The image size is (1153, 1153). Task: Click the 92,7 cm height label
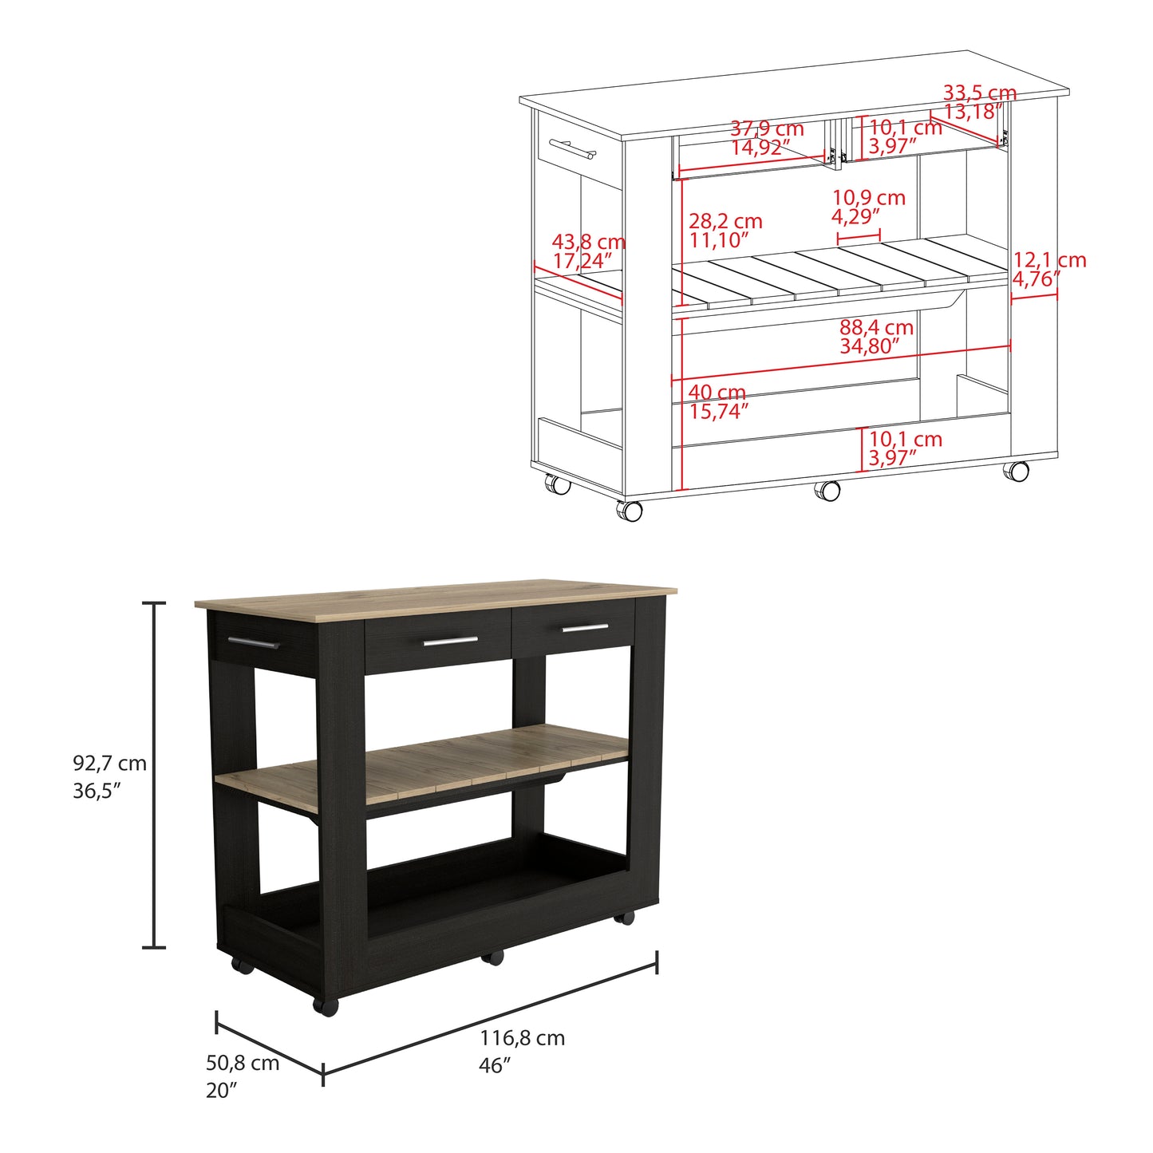[109, 764]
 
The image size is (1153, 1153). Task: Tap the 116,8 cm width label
[523, 1037]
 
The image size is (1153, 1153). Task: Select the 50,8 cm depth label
[243, 1063]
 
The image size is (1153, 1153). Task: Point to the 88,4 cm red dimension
[877, 327]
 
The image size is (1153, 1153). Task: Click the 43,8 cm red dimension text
[588, 243]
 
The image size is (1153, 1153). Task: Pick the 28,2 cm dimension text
[725, 221]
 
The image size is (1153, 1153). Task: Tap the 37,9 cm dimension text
[768, 128]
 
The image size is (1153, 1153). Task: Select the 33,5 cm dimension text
[980, 93]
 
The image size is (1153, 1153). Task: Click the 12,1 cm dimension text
[1049, 259]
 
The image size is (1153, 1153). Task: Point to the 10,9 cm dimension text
[869, 197]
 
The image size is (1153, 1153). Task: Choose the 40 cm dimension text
[717, 393]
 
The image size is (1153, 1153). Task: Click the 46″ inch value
[494, 1065]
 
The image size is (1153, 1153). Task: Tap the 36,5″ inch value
[97, 791]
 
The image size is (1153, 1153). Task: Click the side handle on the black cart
[253, 642]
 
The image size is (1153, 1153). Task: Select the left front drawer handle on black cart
[451, 641]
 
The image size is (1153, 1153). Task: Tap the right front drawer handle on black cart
[585, 627]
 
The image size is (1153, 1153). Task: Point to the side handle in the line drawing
[154, 148]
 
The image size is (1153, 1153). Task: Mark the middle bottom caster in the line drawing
[827, 491]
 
